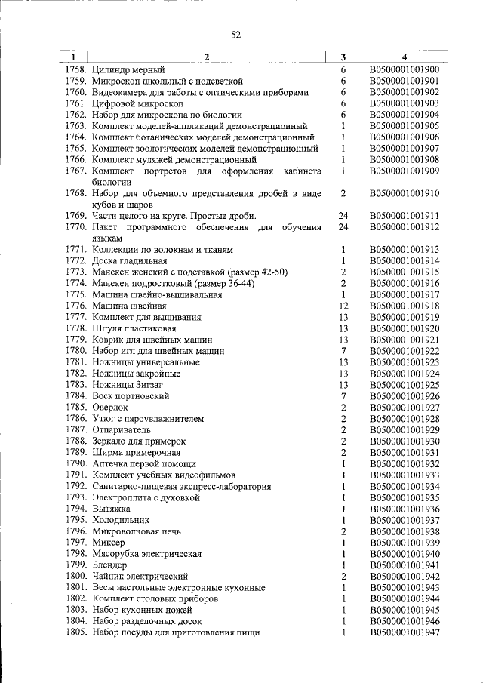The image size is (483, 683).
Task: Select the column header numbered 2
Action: [x=207, y=57]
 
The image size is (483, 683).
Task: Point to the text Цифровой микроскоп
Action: [x=137, y=103]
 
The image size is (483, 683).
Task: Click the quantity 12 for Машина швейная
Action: [x=343, y=306]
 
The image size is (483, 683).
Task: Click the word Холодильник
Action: [x=121, y=520]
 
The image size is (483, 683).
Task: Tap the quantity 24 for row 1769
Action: [x=343, y=216]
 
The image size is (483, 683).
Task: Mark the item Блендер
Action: [x=109, y=565]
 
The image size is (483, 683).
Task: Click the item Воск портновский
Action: [x=131, y=396]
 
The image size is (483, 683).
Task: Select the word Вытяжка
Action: [x=112, y=509]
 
